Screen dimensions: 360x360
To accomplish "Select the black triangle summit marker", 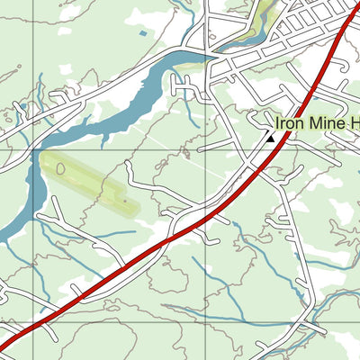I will [269, 137].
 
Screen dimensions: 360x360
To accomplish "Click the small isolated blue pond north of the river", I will [142, 34].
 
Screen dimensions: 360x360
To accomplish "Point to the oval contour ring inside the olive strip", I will [61, 167].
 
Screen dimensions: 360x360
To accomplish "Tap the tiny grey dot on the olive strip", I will [125, 202].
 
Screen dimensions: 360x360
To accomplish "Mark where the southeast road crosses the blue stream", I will [310, 321].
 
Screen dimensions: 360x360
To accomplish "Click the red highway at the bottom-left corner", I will [11, 341].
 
